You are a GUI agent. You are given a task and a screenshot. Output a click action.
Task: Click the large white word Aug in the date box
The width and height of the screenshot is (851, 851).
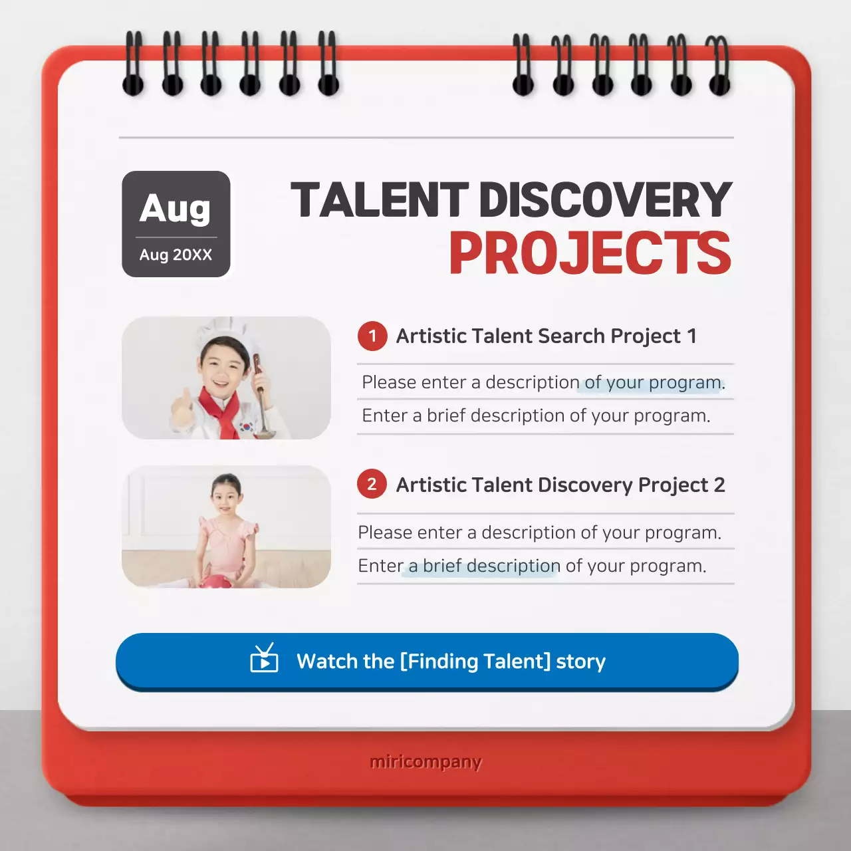tap(176, 209)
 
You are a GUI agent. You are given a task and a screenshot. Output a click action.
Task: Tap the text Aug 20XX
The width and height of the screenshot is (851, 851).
tap(176, 255)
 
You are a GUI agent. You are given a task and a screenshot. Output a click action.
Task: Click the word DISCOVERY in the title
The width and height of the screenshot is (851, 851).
tap(605, 200)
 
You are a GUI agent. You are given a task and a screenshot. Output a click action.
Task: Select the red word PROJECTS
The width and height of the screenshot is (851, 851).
tap(590, 253)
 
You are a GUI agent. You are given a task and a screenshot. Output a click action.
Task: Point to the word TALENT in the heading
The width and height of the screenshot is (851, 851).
tap(380, 200)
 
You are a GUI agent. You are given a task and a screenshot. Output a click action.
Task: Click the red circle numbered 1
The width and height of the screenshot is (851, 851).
tap(372, 336)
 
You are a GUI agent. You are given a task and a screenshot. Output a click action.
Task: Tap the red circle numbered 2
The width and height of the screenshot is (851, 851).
tap(372, 485)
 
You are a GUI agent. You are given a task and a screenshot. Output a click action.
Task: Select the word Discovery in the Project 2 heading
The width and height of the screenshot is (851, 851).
tap(584, 485)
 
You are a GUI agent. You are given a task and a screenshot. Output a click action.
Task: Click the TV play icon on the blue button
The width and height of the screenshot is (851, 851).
tap(264, 659)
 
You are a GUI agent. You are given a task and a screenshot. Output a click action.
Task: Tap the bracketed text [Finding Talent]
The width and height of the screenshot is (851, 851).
tap(475, 662)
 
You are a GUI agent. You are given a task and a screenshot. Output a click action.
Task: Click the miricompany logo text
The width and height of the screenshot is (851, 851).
tap(425, 762)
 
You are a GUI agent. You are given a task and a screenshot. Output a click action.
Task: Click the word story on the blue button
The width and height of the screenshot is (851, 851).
tap(580, 662)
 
